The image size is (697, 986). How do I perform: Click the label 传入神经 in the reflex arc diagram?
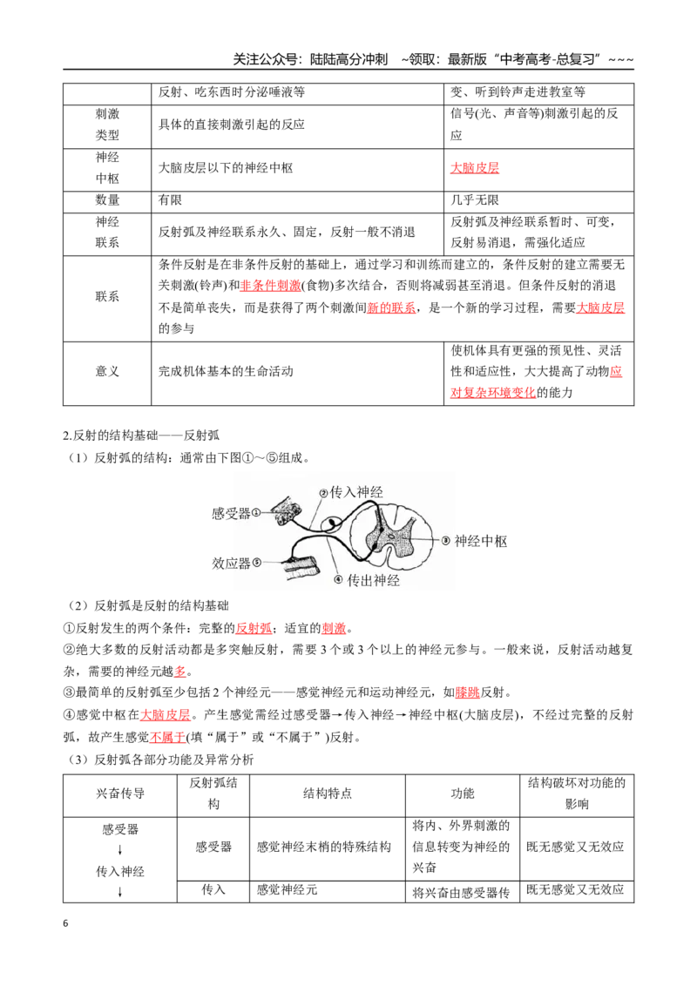click(x=356, y=492)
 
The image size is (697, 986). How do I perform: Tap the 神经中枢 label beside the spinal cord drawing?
click(x=481, y=542)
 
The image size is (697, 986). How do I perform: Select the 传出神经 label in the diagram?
click(x=374, y=580)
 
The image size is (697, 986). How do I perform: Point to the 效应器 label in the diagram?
click(x=231, y=564)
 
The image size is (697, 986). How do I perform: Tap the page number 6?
click(x=65, y=923)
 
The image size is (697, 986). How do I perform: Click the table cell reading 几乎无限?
click(x=475, y=200)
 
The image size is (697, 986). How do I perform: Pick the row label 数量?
click(x=107, y=200)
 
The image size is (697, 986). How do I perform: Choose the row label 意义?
click(x=107, y=372)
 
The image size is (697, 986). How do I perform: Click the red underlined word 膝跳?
click(x=467, y=692)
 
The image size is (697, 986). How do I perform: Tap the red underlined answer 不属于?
click(x=168, y=737)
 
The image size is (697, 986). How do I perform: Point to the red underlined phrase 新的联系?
click(x=391, y=307)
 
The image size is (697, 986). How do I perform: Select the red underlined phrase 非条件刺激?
click(x=270, y=286)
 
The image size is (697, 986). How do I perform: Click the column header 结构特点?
click(x=327, y=794)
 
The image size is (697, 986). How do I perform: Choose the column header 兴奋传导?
click(x=120, y=794)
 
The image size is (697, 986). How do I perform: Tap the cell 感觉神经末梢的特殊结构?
click(x=324, y=847)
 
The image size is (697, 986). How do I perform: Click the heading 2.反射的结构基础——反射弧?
click(x=141, y=436)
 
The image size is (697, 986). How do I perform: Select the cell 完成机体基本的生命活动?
click(x=226, y=372)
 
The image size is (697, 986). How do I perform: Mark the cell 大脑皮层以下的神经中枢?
click(x=226, y=168)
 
